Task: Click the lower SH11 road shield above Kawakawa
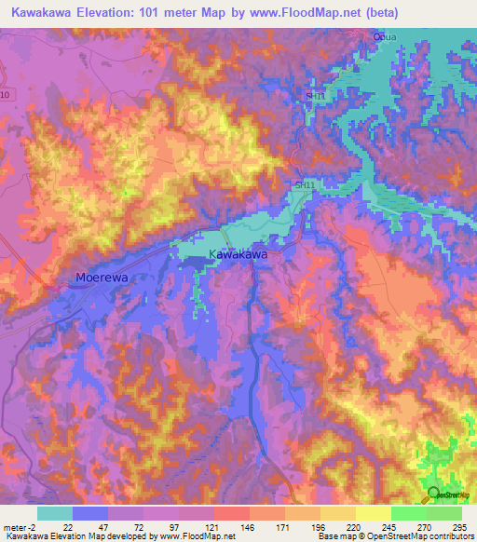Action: click(x=304, y=186)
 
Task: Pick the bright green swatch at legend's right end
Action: click(x=444, y=513)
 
